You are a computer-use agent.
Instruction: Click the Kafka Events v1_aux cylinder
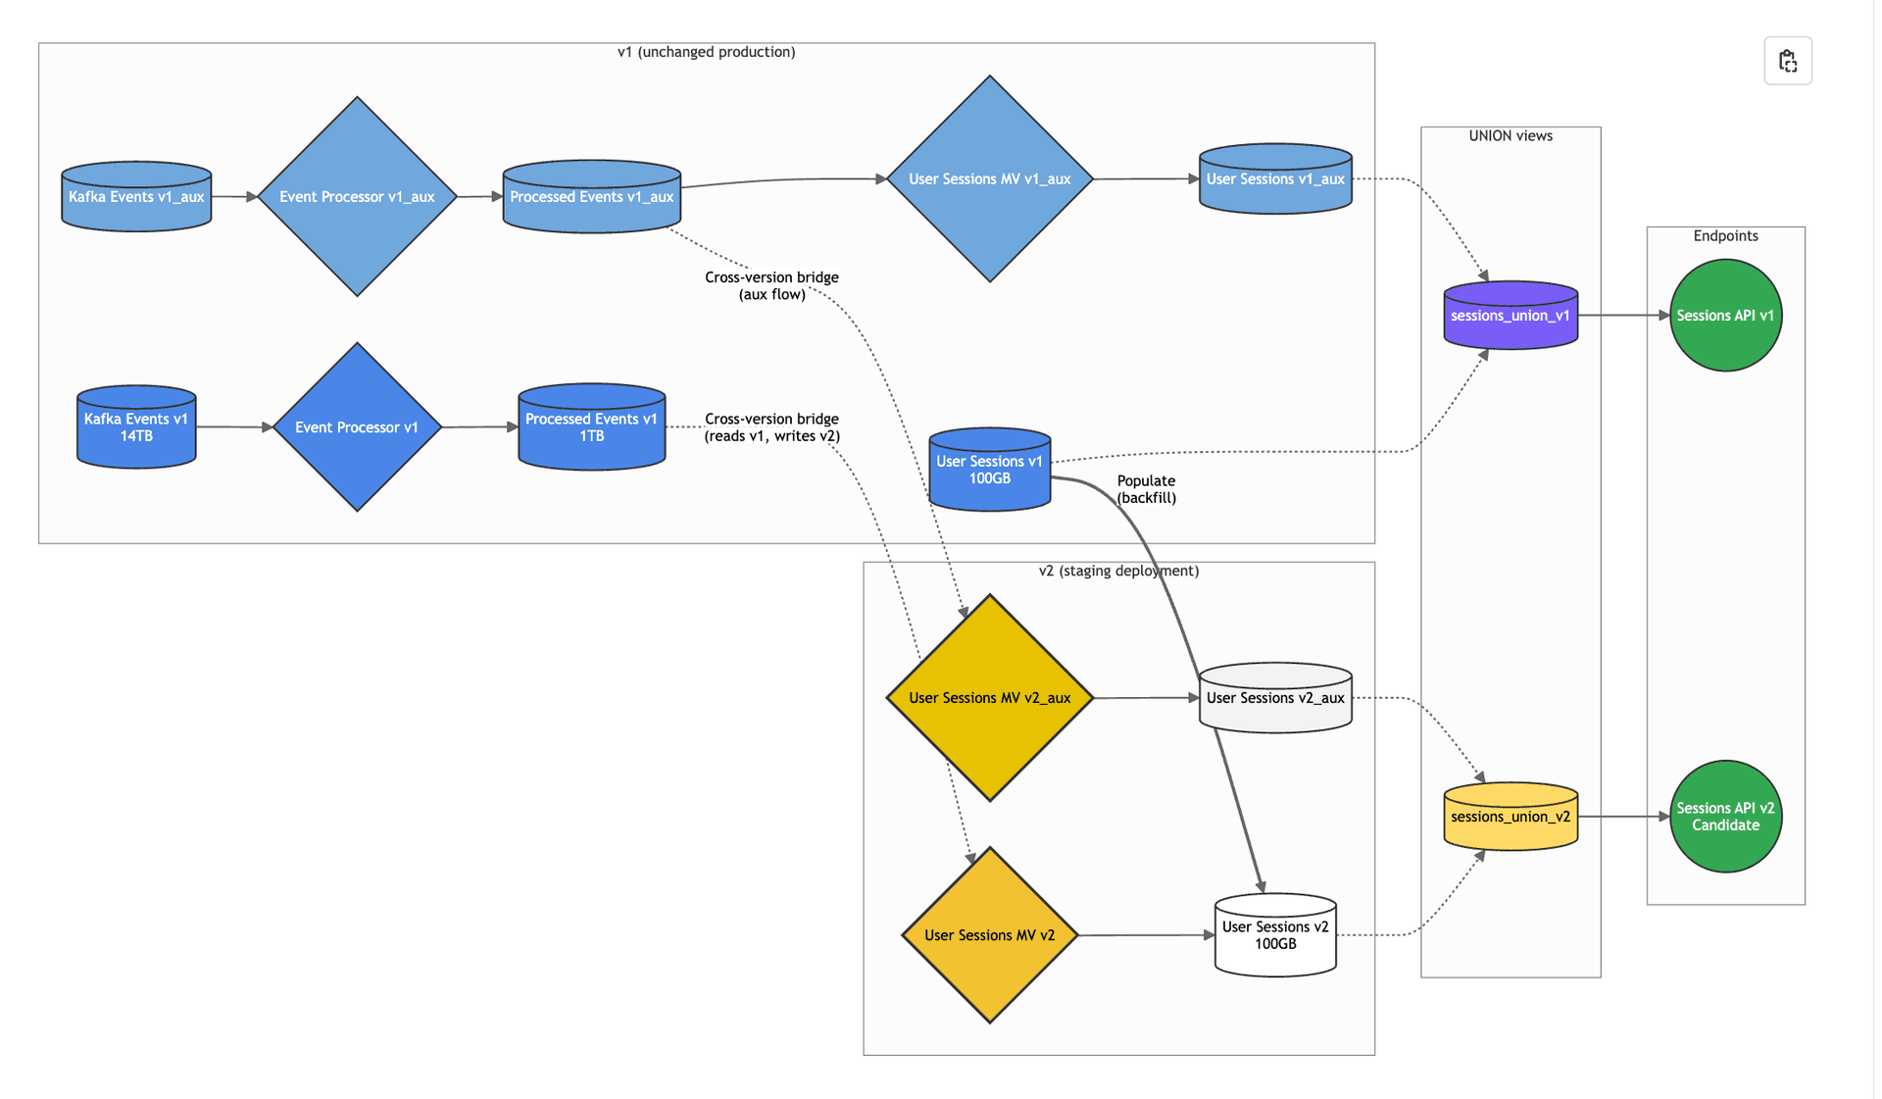point(136,197)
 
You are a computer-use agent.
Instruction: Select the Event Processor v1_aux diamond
point(357,197)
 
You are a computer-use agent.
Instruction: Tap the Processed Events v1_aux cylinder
point(591,197)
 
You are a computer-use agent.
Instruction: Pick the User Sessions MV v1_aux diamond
point(989,179)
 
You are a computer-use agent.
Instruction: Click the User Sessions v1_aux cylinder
point(1275,179)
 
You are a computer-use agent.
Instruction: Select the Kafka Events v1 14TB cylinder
point(136,427)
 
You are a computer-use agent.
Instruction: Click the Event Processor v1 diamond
point(357,427)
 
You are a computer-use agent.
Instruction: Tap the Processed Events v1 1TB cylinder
point(591,427)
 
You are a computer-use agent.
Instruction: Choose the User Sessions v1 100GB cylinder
point(989,470)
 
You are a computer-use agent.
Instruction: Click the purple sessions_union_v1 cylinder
point(1511,316)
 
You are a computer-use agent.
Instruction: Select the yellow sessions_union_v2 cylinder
point(1511,817)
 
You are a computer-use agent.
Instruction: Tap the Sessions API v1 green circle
point(1725,316)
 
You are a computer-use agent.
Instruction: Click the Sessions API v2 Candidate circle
point(1725,817)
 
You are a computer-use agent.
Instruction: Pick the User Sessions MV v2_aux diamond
point(989,698)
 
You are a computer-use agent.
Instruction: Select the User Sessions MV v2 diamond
point(989,935)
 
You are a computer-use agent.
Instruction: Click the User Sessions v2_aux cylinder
point(1275,698)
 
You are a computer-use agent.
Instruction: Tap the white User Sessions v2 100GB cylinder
point(1275,935)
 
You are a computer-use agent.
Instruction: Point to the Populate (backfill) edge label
point(1146,489)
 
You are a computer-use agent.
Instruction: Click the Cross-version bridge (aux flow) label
point(771,285)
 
